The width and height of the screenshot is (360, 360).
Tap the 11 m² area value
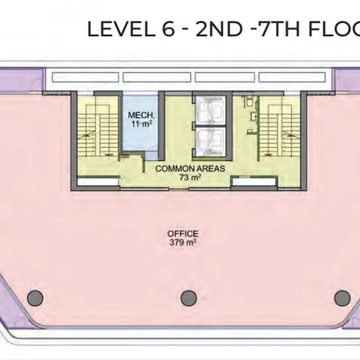[x=142, y=125]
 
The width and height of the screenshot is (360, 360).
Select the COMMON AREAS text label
[x=190, y=168]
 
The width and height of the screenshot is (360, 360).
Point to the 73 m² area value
[x=190, y=178]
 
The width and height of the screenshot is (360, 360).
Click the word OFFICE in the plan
[x=183, y=234]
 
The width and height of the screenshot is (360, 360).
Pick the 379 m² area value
[x=183, y=242]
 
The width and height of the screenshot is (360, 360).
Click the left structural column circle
[x=35, y=298]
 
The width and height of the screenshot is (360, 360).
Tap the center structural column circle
[x=188, y=298]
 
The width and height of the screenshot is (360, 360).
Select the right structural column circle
[x=342, y=298]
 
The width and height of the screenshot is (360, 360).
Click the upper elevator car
[x=208, y=110]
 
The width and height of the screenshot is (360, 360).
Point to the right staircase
[x=279, y=125]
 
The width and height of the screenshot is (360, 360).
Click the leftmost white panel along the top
[x=85, y=78]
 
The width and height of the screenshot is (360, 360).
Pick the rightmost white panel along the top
[x=292, y=78]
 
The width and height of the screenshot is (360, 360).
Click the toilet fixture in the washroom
[x=249, y=102]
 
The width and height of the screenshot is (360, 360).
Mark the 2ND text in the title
[x=218, y=29]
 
